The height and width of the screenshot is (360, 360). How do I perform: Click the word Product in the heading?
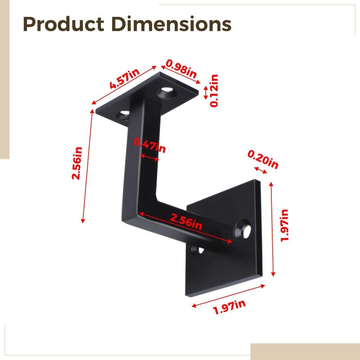(63, 24)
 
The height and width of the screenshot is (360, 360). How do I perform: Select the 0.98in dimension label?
(181, 69)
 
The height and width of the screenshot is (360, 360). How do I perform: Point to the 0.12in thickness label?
(214, 91)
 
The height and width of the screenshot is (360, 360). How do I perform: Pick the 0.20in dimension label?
(263, 159)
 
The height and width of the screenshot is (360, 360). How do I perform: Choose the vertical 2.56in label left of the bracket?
(77, 163)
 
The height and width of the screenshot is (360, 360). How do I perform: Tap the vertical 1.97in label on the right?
(284, 225)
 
